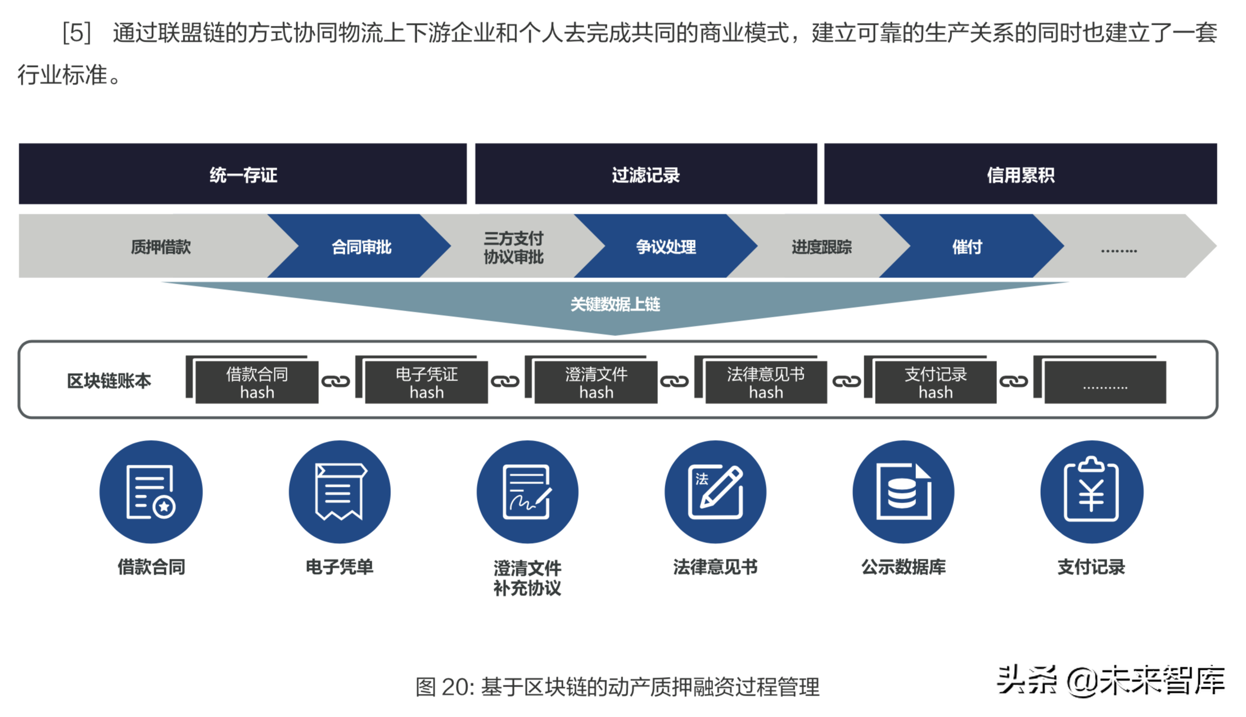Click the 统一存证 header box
coord(242,174)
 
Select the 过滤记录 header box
coord(645,174)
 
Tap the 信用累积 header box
coord(1020,174)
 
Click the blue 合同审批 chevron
coord(361,247)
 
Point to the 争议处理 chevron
coord(666,247)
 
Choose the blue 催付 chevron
coord(967,247)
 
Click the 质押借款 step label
coord(161,247)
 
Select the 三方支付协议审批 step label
coord(513,247)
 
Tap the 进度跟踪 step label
coord(821,247)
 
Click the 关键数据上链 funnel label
coord(615,304)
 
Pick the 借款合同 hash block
coord(256,383)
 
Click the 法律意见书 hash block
coord(765,383)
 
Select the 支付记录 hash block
coord(935,383)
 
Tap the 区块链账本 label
coord(109,381)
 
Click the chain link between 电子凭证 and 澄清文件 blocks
coord(505,382)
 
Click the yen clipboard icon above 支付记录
coord(1091,491)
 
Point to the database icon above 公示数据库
coord(903,491)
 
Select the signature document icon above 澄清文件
coord(527,491)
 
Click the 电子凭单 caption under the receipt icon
coord(339,567)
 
